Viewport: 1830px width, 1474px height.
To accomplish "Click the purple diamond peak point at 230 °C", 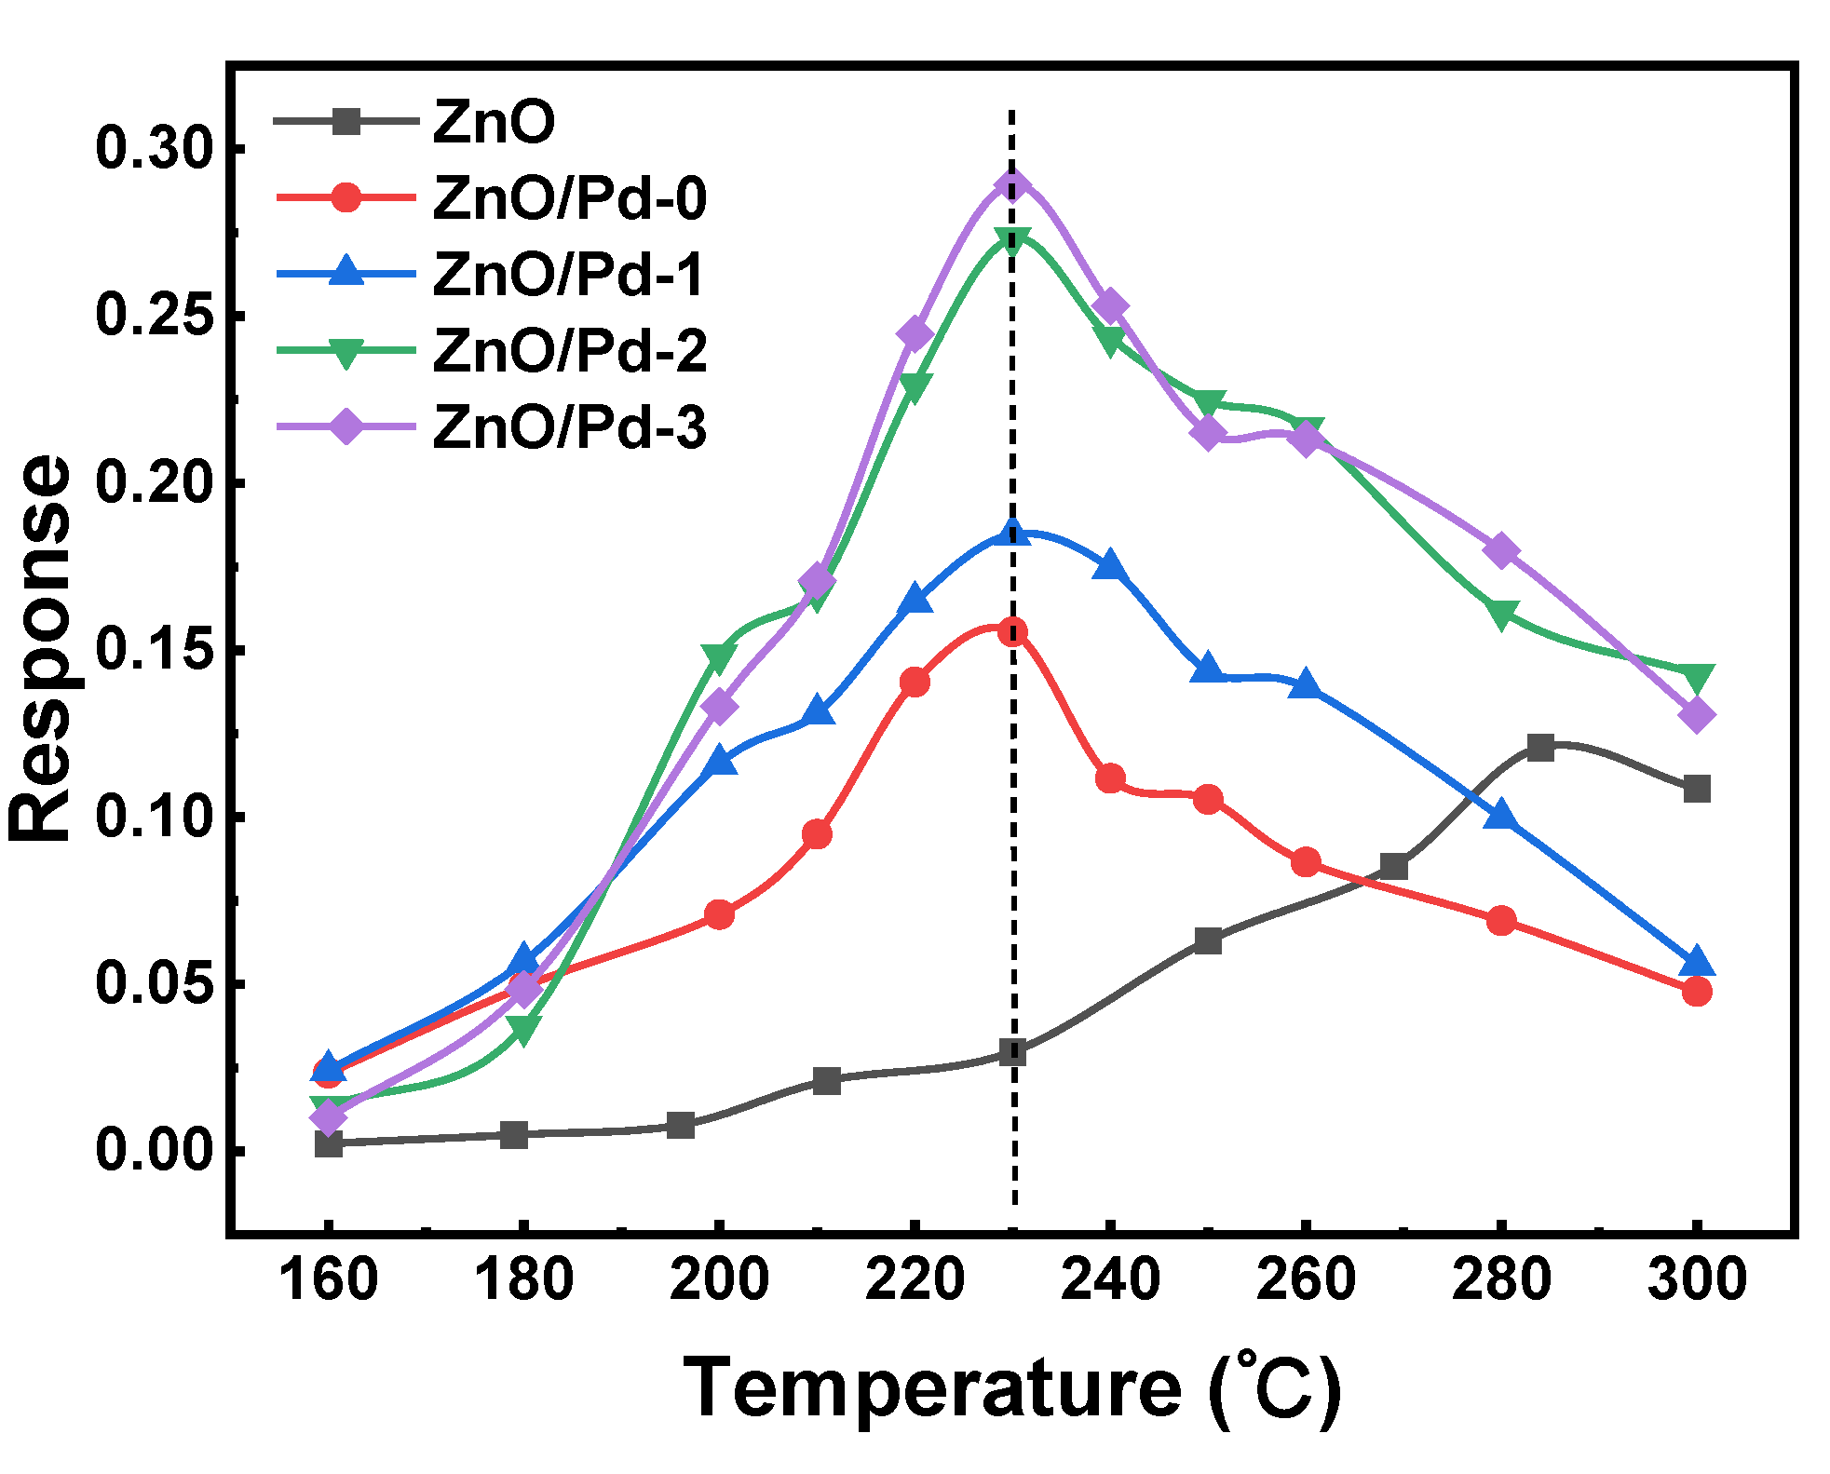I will coord(1012,184).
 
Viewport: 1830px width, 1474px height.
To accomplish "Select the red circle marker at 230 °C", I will coord(1012,632).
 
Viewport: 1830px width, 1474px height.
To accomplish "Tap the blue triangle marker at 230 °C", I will coord(1012,533).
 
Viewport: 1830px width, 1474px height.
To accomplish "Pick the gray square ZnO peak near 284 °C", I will coord(1540,747).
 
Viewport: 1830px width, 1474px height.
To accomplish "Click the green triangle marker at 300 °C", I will coord(1697,678).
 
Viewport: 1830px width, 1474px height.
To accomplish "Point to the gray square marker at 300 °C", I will coord(1697,789).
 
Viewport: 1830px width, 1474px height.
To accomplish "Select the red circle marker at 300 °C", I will coord(1697,991).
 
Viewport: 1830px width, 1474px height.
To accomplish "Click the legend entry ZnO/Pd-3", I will coord(569,427).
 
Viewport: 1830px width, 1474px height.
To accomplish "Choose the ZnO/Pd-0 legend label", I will coord(569,198).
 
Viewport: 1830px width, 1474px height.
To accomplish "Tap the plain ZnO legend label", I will coord(494,122).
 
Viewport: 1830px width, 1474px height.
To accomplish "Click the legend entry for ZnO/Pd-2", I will coord(569,351).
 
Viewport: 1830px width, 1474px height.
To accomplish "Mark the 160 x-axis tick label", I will coord(328,1279).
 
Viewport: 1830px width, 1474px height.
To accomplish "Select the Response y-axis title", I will coord(39,649).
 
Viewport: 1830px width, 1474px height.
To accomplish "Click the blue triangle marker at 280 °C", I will coord(1501,817).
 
